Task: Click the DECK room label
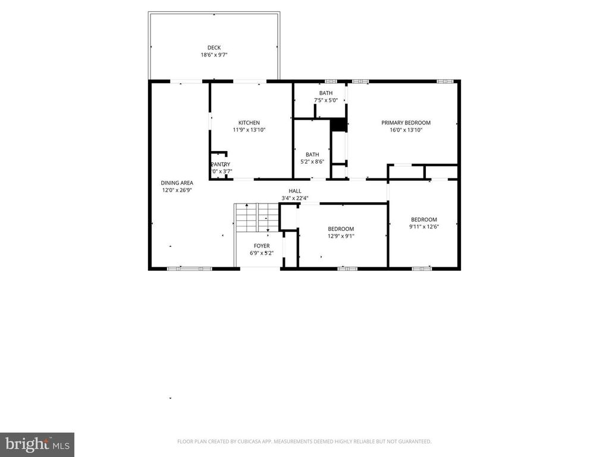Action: pyautogui.click(x=214, y=48)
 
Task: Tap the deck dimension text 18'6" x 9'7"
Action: pyautogui.click(x=214, y=55)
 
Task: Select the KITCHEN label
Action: pyautogui.click(x=249, y=123)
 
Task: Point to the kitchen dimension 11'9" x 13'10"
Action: pyautogui.click(x=249, y=130)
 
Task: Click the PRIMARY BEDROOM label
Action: pyautogui.click(x=406, y=123)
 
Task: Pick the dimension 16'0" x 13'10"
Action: pyautogui.click(x=406, y=130)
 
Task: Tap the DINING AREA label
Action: pyautogui.click(x=177, y=183)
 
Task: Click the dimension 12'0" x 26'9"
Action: pyautogui.click(x=177, y=190)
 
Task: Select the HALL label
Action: pyautogui.click(x=295, y=191)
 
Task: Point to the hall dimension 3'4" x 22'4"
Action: pyautogui.click(x=295, y=198)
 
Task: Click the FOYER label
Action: pyautogui.click(x=262, y=246)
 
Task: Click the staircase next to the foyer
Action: pyautogui.click(x=256, y=217)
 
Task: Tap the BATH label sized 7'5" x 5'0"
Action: pyautogui.click(x=326, y=93)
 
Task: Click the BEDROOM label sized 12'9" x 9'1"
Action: pyautogui.click(x=341, y=229)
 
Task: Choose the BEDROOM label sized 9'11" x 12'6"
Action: pyautogui.click(x=423, y=219)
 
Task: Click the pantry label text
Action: pyautogui.click(x=220, y=164)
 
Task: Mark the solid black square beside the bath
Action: pyautogui.click(x=338, y=124)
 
